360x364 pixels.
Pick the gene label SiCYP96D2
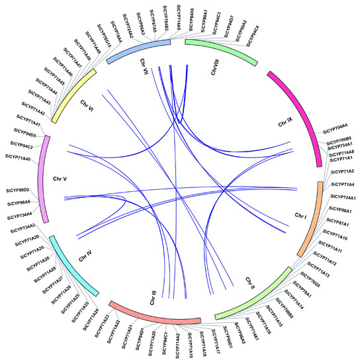click(21, 190)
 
